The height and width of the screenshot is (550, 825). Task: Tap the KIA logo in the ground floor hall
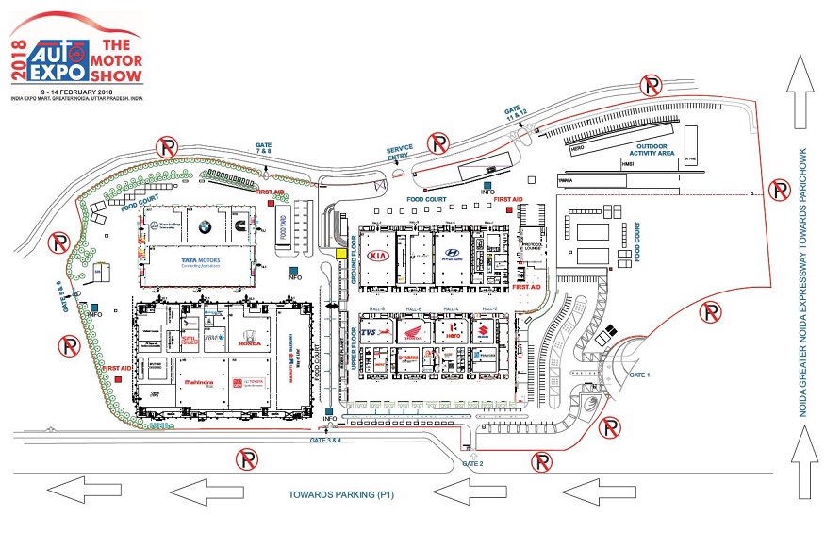pos(379,256)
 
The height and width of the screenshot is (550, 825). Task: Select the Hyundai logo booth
pos(453,254)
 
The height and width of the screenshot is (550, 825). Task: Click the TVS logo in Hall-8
pos(378,336)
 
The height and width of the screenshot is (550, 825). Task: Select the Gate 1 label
pos(639,375)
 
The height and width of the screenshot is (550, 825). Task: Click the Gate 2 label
pos(472,464)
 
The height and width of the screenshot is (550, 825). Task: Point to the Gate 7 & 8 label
pos(263,150)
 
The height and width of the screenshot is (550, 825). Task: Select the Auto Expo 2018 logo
pos(75,52)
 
